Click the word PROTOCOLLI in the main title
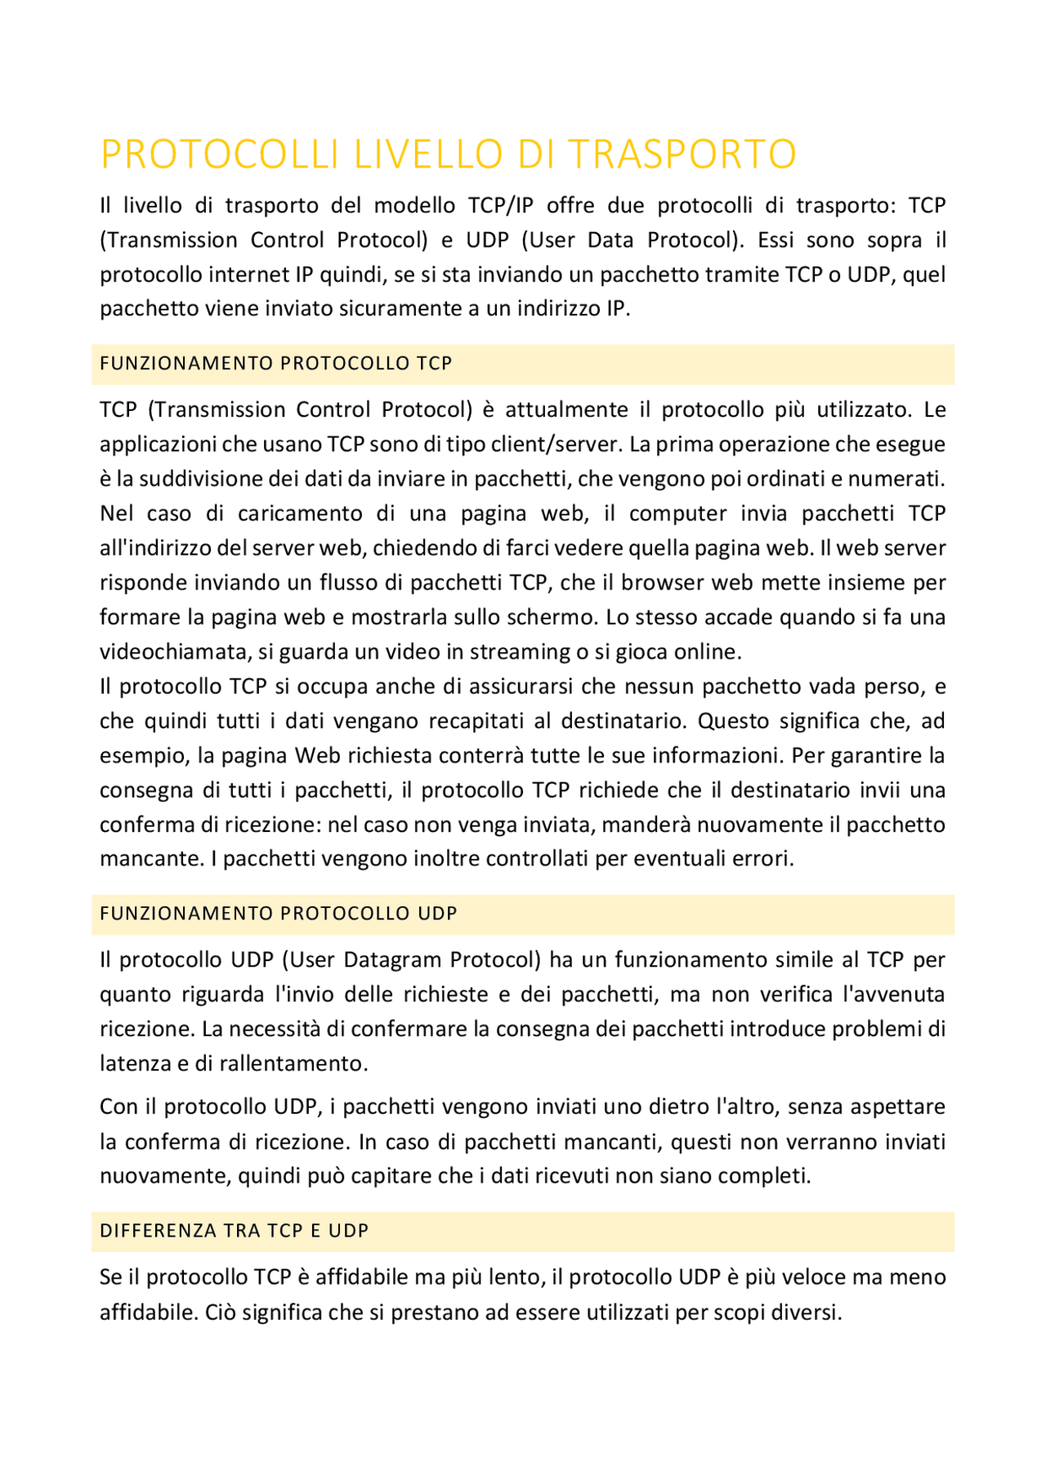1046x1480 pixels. coord(219,154)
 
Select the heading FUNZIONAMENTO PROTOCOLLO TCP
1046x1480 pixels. coord(275,364)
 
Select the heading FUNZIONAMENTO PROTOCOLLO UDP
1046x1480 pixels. coord(278,914)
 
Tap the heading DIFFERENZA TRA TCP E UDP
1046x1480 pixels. coord(234,1231)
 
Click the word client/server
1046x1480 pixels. coord(569,445)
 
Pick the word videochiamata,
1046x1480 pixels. coord(174,652)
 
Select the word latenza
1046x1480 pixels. coord(131,1064)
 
